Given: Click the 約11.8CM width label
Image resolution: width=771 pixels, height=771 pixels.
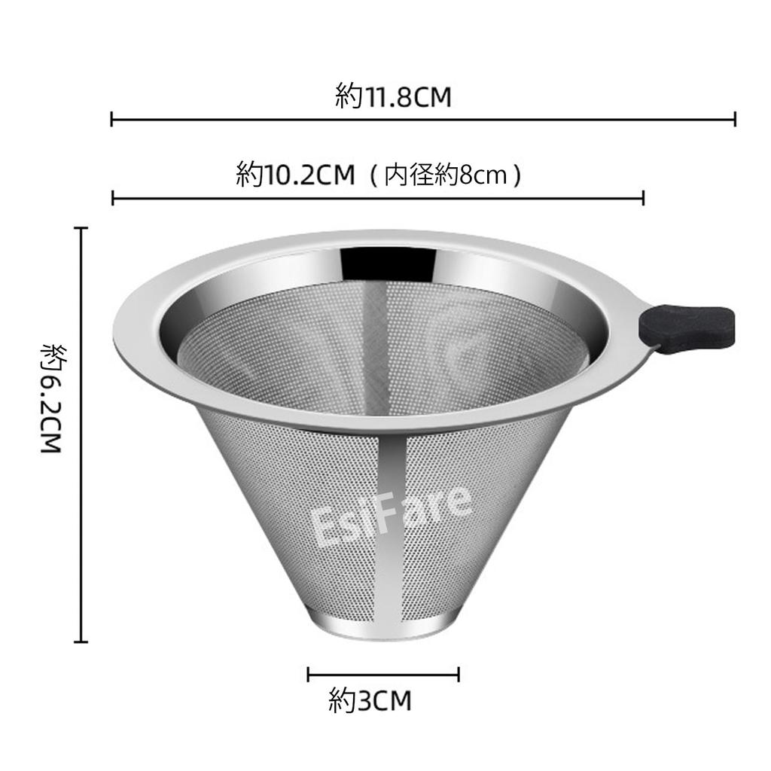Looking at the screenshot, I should pyautogui.click(x=393, y=97).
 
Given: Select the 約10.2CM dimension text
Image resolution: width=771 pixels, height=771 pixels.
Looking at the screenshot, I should pyautogui.click(x=294, y=175).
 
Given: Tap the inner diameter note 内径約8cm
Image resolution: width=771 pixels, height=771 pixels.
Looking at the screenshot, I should pyautogui.click(x=453, y=175).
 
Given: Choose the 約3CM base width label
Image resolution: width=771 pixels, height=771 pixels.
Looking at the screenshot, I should pyautogui.click(x=370, y=702).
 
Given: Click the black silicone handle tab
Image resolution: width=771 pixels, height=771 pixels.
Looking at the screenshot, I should pyautogui.click(x=686, y=326).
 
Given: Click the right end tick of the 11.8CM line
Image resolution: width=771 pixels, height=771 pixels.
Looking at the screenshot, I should pyautogui.click(x=735, y=118).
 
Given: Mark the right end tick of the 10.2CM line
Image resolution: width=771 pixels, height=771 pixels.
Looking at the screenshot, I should pyautogui.click(x=643, y=198).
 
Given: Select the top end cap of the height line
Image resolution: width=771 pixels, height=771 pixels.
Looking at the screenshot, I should pyautogui.click(x=81, y=227).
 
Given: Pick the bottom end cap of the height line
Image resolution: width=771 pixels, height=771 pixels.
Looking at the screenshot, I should pyautogui.click(x=81, y=641).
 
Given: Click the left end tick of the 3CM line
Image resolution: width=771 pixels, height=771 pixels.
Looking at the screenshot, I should pyautogui.click(x=309, y=674).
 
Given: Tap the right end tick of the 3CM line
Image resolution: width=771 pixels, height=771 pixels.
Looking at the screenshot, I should pyautogui.click(x=459, y=674).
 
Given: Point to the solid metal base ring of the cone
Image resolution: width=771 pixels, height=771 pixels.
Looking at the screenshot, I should pyautogui.click(x=384, y=627).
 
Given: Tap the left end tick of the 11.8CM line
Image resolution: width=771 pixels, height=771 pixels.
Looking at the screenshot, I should pyautogui.click(x=112, y=118).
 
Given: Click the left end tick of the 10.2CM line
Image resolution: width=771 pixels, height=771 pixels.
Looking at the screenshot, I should pyautogui.click(x=112, y=198).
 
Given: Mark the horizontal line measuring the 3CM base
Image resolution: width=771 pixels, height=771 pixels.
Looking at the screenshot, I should pyautogui.click(x=384, y=674).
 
